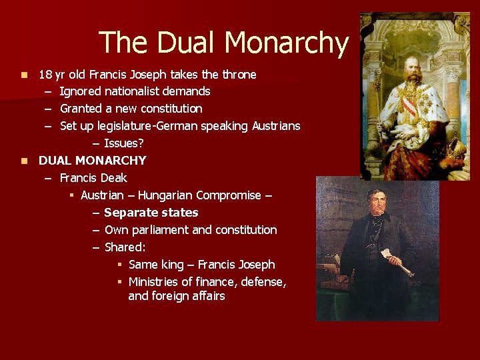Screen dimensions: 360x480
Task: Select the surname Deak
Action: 114,178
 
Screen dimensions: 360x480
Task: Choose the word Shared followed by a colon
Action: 125,247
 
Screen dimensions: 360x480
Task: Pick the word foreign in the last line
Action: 172,296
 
